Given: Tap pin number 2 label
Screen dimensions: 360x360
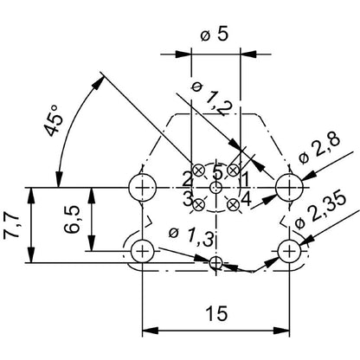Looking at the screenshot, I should (187, 179).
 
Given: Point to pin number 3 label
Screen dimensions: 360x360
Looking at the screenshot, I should (187, 198).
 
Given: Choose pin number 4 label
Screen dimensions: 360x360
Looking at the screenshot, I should (246, 198).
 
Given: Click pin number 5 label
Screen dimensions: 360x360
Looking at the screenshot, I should (217, 169).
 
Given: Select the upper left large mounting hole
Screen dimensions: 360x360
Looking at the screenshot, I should (141, 186).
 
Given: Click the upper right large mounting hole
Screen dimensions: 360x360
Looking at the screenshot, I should (289, 186).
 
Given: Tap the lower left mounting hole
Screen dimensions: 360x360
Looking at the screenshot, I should (141, 252).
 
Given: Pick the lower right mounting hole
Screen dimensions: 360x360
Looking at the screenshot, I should (289, 252).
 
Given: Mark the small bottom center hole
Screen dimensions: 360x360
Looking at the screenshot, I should (216, 263).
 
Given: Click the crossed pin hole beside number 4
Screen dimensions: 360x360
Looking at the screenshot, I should (233, 204).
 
